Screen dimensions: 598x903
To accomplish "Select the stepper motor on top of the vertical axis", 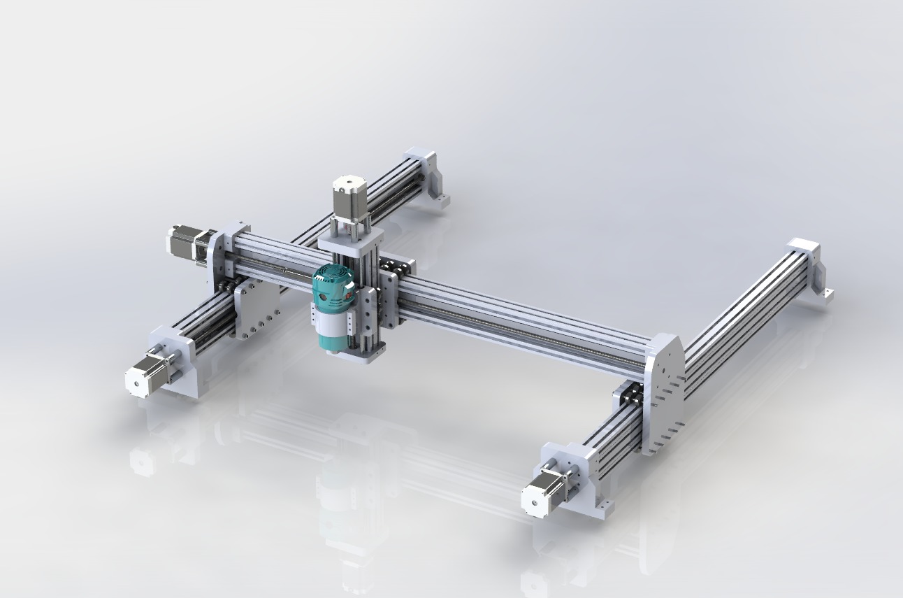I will point(349,195).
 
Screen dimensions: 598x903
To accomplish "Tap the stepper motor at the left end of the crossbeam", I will point(186,242).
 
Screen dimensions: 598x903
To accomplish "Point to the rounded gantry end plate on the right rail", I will point(664,392).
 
